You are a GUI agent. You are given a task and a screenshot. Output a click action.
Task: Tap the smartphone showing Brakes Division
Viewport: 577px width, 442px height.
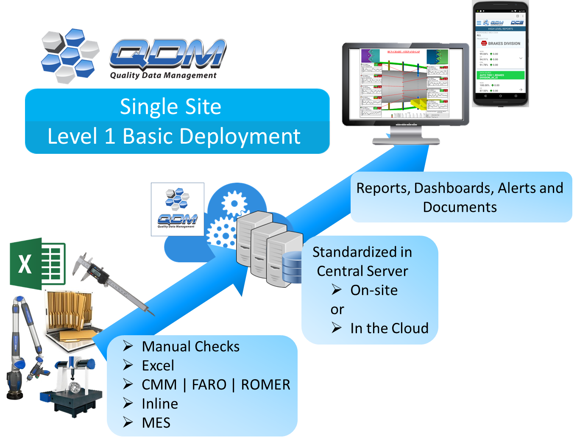500,54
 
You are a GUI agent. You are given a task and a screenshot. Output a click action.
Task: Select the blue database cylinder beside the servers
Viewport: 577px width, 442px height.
293,267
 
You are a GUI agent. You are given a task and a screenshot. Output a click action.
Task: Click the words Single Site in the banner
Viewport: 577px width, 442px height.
170,106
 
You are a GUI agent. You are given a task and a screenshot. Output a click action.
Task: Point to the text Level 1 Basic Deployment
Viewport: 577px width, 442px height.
174,136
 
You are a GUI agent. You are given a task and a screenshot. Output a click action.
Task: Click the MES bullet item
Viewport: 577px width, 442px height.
156,423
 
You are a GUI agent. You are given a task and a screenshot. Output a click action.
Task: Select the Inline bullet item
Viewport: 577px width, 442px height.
160,403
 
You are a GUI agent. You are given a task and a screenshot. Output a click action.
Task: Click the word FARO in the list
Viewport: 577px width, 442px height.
209,384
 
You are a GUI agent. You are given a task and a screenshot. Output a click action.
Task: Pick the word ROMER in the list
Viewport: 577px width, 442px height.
265,384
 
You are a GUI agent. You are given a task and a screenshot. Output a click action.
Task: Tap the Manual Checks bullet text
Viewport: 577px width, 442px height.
190,346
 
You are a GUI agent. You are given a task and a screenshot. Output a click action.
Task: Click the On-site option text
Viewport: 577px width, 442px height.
374,290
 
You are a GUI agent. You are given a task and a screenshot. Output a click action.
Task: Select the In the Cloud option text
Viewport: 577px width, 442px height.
389,328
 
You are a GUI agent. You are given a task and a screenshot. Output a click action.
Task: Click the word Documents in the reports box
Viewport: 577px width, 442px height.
460,207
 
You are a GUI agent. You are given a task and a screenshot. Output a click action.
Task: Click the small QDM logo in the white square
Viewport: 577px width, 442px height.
177,209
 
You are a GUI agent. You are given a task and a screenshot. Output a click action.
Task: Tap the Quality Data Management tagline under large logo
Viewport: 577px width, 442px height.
163,75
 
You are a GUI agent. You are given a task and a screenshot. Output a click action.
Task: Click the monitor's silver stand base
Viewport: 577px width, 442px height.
406,140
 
